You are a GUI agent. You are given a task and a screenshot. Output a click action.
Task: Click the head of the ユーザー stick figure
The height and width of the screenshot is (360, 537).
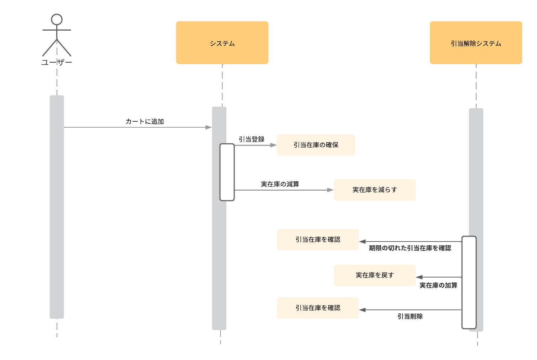pos(57,20)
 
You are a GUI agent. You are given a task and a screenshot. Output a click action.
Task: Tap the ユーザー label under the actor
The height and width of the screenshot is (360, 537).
pos(57,63)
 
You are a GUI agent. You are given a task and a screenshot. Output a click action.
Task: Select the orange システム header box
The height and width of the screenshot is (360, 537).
pos(222,43)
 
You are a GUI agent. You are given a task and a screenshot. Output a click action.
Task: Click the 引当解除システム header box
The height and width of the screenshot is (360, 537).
pos(476,43)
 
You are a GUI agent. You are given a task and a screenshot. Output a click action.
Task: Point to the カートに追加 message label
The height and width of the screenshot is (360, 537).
pos(144,122)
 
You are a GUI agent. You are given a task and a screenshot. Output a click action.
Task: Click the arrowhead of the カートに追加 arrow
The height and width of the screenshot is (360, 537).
pos(209,127)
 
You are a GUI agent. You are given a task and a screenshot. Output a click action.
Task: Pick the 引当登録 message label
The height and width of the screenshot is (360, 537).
pos(251,139)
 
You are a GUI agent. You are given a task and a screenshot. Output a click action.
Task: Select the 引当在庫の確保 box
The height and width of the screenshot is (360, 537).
pos(316,145)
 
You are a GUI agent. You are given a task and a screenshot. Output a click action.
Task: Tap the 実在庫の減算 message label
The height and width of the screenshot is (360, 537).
pos(280,184)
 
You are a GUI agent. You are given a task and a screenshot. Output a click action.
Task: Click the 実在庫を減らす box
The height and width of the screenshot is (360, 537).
pos(374,190)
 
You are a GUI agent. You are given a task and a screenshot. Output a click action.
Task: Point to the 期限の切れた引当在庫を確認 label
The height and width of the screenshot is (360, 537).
pos(410,248)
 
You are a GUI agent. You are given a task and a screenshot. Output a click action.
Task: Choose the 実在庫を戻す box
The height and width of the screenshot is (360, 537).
pos(374,275)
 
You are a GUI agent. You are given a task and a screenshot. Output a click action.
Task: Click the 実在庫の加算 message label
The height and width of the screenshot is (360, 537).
pos(438,286)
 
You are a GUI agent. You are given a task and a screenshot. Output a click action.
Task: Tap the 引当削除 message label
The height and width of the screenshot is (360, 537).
pos(410,317)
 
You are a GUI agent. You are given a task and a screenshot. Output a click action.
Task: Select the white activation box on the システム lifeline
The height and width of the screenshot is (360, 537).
pos(227,172)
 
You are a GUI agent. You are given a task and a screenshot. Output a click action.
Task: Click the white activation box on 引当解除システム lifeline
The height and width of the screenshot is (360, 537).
pos(469,282)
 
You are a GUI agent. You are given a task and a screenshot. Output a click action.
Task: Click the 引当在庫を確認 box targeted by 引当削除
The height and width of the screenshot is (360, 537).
pos(317,308)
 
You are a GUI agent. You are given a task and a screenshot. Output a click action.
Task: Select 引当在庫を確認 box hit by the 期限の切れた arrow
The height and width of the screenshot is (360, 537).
pos(317,240)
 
